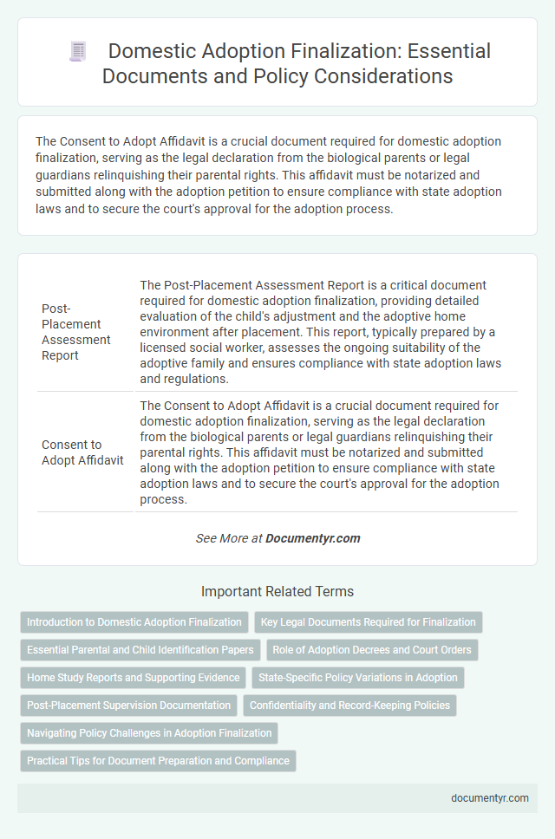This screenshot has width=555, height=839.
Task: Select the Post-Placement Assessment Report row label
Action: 75,332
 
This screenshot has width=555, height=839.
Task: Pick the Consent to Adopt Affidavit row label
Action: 83,452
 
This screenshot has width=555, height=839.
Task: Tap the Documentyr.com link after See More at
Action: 312,538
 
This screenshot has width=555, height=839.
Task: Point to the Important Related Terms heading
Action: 277,592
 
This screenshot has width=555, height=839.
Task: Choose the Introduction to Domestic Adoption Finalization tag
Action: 134,622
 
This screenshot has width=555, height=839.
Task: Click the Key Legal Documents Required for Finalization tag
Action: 369,622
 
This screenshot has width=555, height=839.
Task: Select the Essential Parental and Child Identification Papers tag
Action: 140,650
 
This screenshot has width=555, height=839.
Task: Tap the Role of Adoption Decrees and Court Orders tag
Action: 372,650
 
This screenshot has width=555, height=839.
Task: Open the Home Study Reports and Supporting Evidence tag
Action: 134,678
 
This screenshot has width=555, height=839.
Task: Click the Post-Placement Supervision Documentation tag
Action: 129,706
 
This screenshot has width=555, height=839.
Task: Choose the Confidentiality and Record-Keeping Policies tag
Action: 349,706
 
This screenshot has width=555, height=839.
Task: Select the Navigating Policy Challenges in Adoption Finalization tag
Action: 149,733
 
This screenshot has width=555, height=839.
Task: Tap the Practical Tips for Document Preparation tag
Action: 158,761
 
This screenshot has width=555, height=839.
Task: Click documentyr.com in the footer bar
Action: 490,798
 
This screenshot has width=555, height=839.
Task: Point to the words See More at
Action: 229,538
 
